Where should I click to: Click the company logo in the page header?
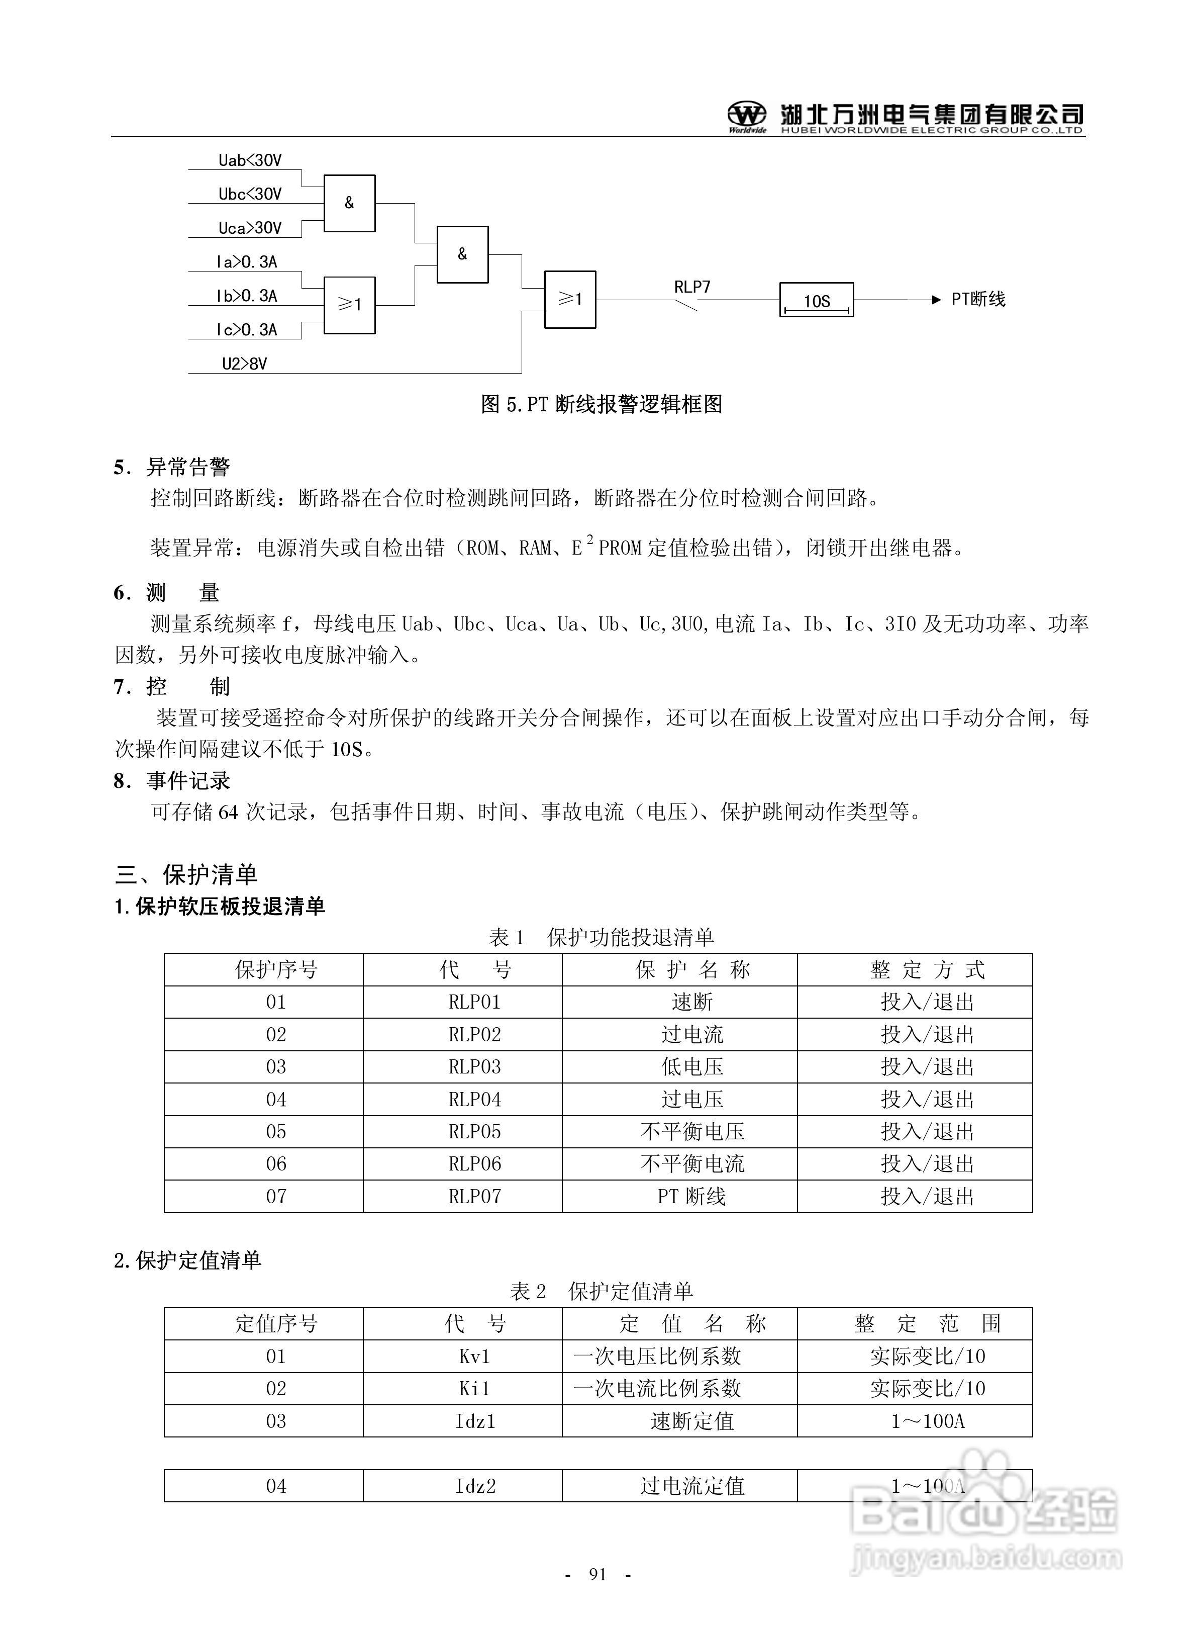pos(746,116)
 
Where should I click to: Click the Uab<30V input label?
pos(250,160)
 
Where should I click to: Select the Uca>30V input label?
pos(250,228)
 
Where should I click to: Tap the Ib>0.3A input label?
pos(247,296)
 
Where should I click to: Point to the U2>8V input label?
pos(244,364)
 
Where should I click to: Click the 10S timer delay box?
pos(816,300)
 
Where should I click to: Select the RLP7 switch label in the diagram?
pos(692,287)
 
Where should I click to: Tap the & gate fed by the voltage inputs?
pos(349,204)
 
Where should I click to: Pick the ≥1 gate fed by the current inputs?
pos(349,305)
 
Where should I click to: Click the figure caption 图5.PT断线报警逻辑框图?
pos(601,404)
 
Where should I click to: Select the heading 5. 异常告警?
pos(172,467)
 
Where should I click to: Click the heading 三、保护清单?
pos(186,875)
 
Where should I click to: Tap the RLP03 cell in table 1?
pos(474,1067)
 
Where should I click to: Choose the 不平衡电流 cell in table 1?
pos(691,1164)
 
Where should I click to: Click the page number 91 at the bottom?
pos(597,1574)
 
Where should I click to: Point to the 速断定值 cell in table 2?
pos(691,1421)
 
